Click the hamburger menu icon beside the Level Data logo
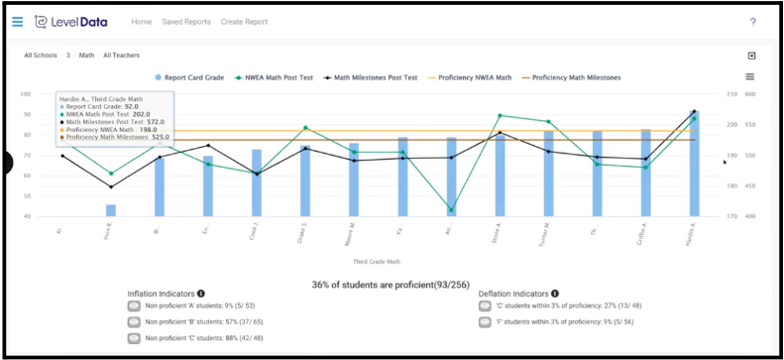(x=17, y=21)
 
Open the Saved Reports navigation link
(x=186, y=21)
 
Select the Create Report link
(x=244, y=21)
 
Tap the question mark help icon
(x=752, y=22)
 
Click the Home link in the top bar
(x=142, y=21)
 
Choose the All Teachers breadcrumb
(x=122, y=56)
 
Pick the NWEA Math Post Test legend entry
(x=277, y=76)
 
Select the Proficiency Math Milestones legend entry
(x=571, y=76)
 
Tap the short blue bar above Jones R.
(x=111, y=210)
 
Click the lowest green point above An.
(x=452, y=209)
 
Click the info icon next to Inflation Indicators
(x=201, y=294)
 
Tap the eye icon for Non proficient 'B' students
(x=135, y=322)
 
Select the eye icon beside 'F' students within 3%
(x=486, y=322)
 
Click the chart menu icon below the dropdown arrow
(x=750, y=76)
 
